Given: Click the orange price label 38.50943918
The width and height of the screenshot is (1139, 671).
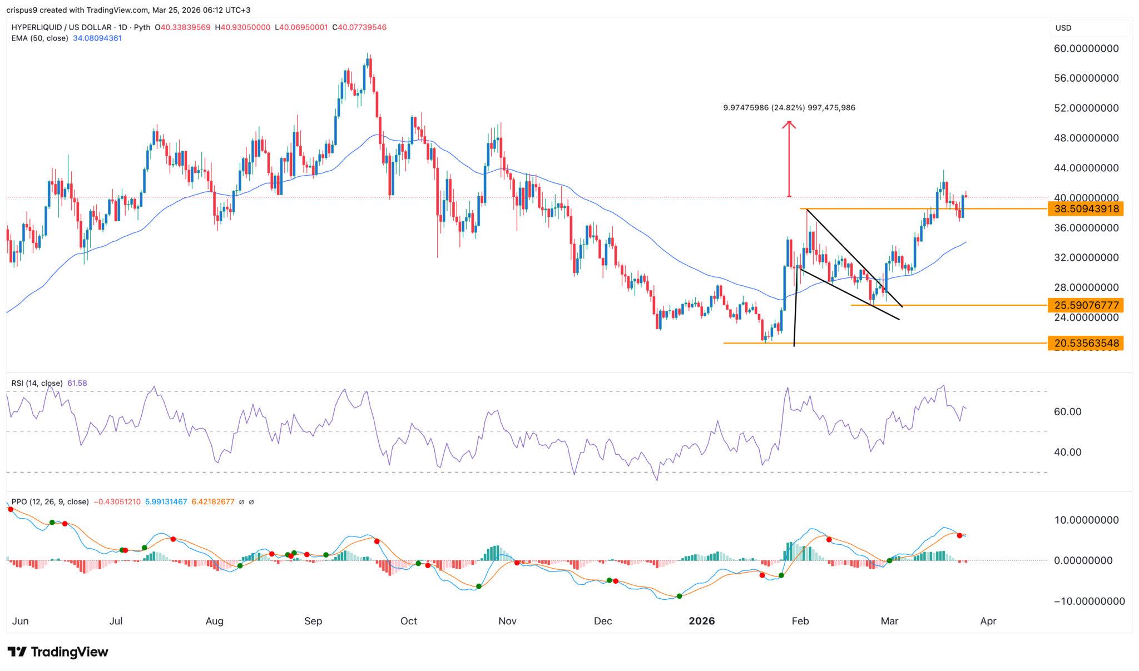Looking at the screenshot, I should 1084,209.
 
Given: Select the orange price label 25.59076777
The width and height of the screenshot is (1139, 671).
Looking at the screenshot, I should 1084,305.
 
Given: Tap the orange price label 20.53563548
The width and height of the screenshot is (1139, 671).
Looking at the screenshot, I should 1084,343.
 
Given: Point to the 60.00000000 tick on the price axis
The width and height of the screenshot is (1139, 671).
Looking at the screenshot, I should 1086,49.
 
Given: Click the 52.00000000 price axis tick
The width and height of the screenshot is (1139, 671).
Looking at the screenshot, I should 1086,108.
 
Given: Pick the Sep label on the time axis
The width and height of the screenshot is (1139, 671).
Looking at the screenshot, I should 313,621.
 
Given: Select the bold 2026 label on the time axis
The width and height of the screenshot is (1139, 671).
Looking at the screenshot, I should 701,621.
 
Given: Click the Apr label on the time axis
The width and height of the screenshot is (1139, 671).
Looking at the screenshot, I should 988,621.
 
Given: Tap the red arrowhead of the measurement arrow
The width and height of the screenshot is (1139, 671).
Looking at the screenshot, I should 789,125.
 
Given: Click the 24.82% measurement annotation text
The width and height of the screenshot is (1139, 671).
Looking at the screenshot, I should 789,108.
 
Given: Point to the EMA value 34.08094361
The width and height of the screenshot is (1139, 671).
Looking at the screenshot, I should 97,38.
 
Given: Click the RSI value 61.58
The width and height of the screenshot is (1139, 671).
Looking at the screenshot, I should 77,383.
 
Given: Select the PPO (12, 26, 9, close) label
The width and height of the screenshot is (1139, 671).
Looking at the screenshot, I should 49,501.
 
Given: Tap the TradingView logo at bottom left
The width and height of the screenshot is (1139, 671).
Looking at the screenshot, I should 58,652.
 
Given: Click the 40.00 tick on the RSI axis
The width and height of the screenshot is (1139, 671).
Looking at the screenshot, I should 1068,452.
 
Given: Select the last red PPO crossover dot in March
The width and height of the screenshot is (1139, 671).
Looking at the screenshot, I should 959,535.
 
